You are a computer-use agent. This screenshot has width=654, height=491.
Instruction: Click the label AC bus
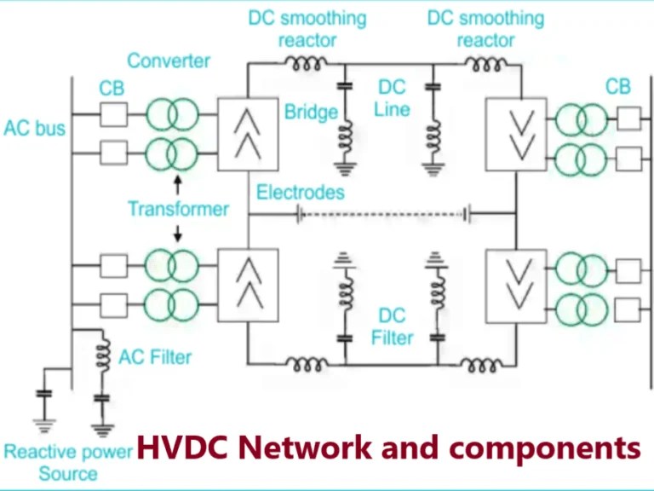(x=35, y=129)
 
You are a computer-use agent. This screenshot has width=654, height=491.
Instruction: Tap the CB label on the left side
(x=112, y=88)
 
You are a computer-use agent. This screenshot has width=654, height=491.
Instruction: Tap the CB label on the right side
(x=618, y=87)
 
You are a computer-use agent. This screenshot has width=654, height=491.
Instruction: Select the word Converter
(x=169, y=61)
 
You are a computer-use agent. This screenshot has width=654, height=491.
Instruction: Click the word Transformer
(x=178, y=209)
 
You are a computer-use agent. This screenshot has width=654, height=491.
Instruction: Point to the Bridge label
(x=311, y=112)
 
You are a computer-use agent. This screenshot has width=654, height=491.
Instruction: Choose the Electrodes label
(x=301, y=193)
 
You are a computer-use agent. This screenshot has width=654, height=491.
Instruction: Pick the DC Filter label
(x=393, y=327)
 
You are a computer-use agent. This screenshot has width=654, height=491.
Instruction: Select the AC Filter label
(x=155, y=357)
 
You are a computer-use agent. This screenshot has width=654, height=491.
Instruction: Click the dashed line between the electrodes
(x=383, y=213)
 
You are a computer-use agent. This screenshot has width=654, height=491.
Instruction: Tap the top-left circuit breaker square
(x=113, y=113)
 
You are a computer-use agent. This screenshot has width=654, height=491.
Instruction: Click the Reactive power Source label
(x=68, y=461)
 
